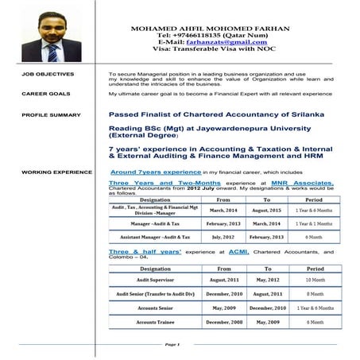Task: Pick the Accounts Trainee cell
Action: click(x=155, y=322)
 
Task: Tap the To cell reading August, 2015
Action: click(x=268, y=210)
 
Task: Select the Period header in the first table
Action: click(x=314, y=199)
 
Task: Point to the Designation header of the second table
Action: click(x=155, y=269)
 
